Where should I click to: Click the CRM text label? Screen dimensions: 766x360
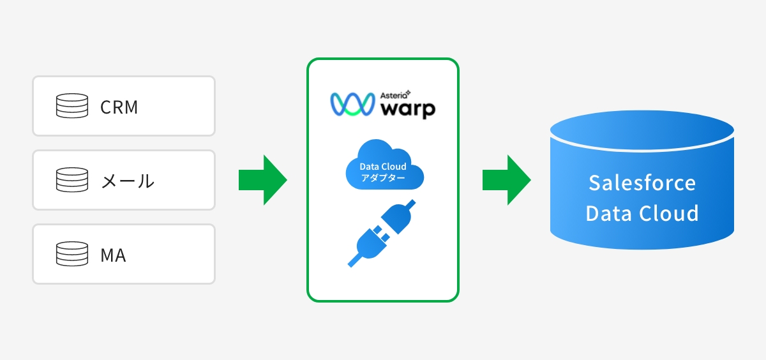(119, 107)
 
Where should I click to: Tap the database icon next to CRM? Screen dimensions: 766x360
(71, 106)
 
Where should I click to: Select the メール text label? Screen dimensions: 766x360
(128, 181)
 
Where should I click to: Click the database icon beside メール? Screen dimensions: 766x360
(71, 180)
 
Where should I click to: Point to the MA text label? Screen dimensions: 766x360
(113, 255)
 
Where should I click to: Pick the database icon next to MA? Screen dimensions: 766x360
(71, 253)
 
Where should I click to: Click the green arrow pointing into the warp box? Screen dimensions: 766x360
(262, 180)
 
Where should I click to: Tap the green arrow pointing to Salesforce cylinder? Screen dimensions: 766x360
(506, 180)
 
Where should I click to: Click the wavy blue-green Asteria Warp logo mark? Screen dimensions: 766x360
(352, 104)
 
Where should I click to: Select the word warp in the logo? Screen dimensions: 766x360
(408, 109)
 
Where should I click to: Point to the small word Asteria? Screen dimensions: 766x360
(393, 95)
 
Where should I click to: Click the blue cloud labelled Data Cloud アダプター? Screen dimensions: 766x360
(385, 165)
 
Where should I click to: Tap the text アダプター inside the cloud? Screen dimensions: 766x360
(383, 178)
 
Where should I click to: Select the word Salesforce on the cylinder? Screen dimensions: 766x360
(642, 183)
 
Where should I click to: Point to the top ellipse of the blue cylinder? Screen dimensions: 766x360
(642, 130)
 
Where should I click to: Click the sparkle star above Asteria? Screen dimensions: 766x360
(408, 93)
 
